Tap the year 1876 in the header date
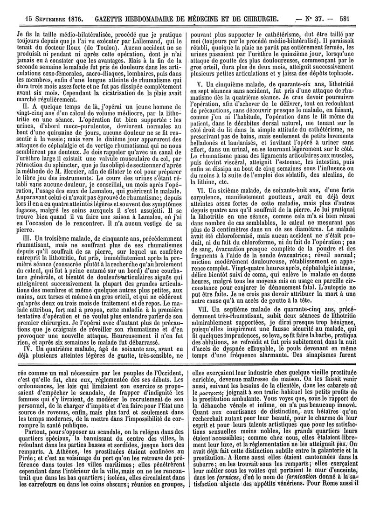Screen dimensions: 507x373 pyautogui.click(x=72, y=7)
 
